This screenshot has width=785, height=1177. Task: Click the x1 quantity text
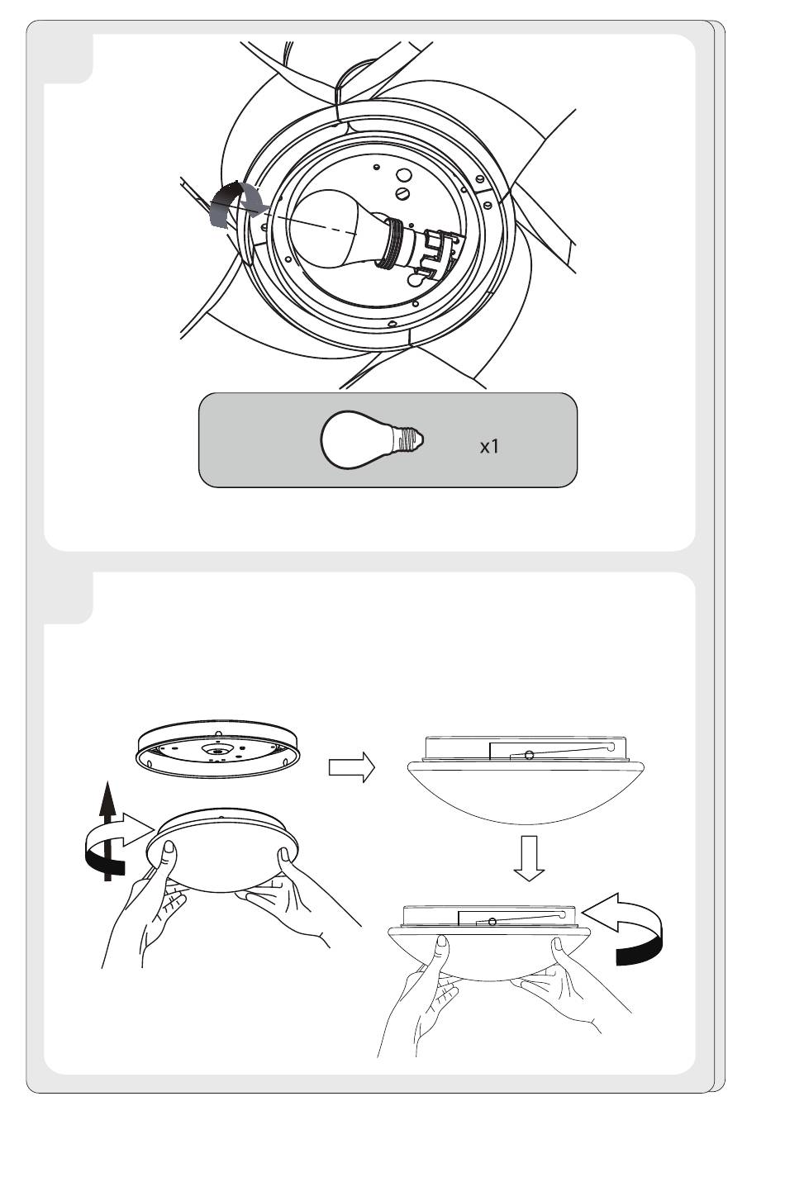pyautogui.click(x=489, y=447)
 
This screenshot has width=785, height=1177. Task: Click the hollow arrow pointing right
pyautogui.click(x=351, y=767)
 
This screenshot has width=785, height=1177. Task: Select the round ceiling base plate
pyautogui.click(x=216, y=752)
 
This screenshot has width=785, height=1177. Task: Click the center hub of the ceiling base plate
pyautogui.click(x=216, y=751)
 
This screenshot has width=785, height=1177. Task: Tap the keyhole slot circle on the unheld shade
pyautogui.click(x=529, y=753)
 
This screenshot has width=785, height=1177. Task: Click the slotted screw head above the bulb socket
pyautogui.click(x=404, y=192)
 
